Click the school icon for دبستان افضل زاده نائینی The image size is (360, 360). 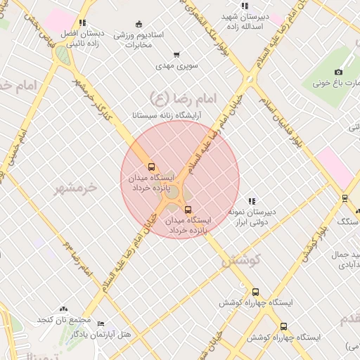point(83,22)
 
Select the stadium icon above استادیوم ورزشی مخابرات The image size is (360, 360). point(139,25)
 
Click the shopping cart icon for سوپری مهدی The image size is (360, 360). point(176,55)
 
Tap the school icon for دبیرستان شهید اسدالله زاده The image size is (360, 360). point(244,6)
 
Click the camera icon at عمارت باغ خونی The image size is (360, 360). point(339,72)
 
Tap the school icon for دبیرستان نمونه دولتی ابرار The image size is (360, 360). point(252,201)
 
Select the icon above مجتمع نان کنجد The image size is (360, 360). point(64,309)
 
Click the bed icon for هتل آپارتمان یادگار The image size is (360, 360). point(101,324)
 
